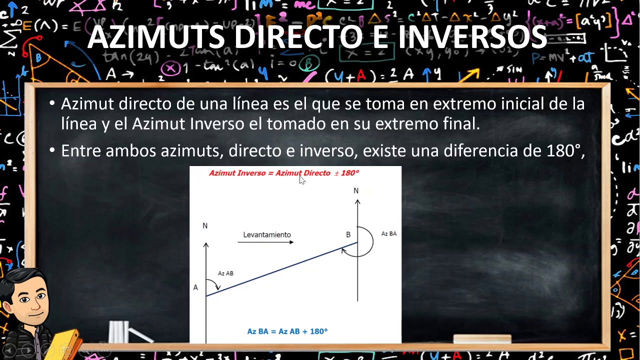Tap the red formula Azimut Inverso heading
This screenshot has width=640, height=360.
pyautogui.click(x=283, y=173)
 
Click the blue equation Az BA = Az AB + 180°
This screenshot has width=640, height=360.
pyautogui.click(x=287, y=331)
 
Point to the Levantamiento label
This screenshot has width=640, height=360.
pyautogui.click(x=266, y=234)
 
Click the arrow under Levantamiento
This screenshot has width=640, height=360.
pyautogui.click(x=265, y=242)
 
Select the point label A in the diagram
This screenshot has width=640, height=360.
pyautogui.click(x=195, y=287)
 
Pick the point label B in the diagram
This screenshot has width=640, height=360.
pyautogui.click(x=348, y=234)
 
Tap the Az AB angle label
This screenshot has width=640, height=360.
pyautogui.click(x=225, y=273)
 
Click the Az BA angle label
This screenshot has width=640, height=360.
pyautogui.click(x=388, y=233)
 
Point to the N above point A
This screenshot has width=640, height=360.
pyautogui.click(x=205, y=226)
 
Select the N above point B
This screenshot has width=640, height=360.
pyautogui.click(x=356, y=191)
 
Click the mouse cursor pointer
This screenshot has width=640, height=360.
pyautogui.click(x=302, y=180)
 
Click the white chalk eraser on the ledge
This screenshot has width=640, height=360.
pyautogui.click(x=482, y=339)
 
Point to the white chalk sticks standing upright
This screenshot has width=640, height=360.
pyautogui.click(x=118, y=332)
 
